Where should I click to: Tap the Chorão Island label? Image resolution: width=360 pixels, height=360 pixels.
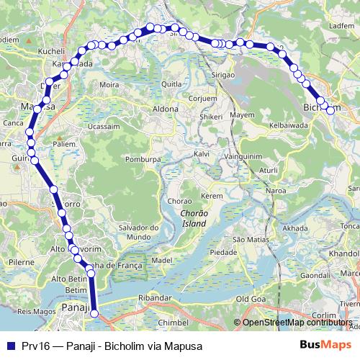click(x=194, y=218)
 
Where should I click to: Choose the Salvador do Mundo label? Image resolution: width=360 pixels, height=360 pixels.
click(x=136, y=232)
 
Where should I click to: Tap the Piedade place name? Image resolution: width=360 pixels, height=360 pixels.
click(x=222, y=253)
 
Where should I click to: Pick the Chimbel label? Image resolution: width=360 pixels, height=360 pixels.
click(x=172, y=323)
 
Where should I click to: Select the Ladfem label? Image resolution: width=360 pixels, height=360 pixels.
click(x=341, y=25)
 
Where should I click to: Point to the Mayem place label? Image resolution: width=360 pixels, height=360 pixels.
click(x=243, y=115)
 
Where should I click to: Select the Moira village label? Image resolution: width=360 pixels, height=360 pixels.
click(x=109, y=84)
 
